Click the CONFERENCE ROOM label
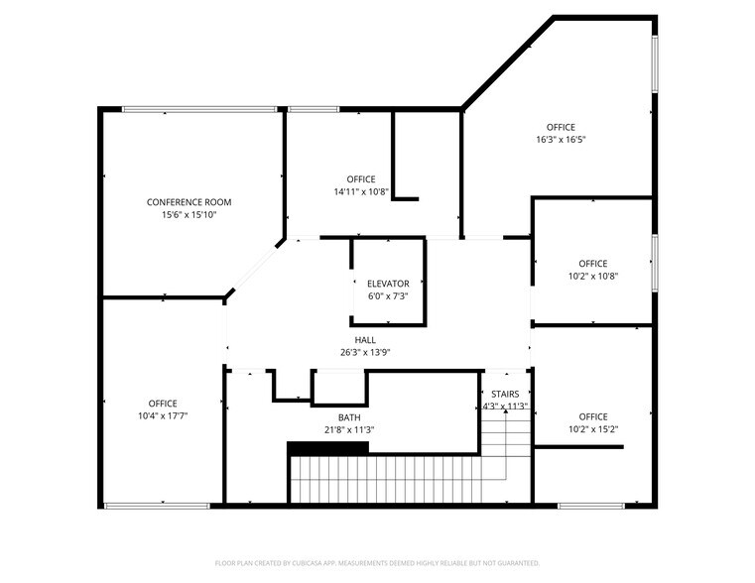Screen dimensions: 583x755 coord(189,202)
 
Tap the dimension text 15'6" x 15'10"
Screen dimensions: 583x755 coord(189,214)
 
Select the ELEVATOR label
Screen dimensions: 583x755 coord(387,284)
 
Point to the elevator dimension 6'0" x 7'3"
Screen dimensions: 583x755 coord(387,295)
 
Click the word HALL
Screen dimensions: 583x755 coord(365,340)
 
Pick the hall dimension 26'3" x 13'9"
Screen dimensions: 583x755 coord(365,352)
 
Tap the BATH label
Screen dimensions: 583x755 coord(348,417)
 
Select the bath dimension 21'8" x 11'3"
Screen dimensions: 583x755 coord(348,429)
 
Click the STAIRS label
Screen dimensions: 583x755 coord(504,394)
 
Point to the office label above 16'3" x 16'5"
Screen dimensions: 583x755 coord(561,127)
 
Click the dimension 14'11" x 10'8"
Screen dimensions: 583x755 coord(360,191)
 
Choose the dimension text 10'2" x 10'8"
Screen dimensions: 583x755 coord(592,277)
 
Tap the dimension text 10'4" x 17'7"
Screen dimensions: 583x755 coord(163,415)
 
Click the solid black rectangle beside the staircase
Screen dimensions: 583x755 coord(327,447)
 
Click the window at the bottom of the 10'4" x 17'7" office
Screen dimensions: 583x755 coord(156,507)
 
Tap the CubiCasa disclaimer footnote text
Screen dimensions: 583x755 coord(377,563)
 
